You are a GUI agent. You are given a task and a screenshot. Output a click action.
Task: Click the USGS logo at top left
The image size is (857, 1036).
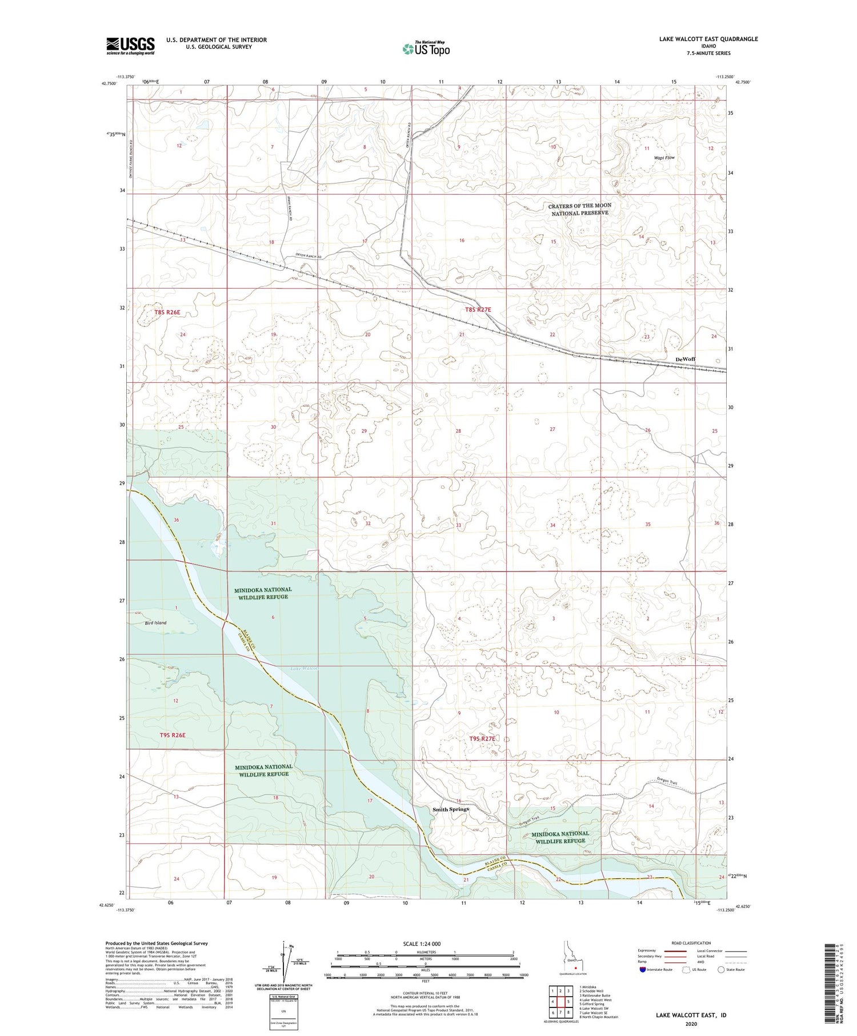[130, 46]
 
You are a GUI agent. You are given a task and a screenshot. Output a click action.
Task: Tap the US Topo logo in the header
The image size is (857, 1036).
[426, 49]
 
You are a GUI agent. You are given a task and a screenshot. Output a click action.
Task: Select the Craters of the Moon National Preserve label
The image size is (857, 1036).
[579, 209]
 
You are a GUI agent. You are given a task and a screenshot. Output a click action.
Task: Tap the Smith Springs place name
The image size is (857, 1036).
[451, 809]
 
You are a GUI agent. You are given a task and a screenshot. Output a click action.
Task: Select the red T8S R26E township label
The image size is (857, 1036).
[167, 312]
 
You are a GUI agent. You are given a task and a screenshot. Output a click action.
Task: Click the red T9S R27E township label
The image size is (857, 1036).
[481, 739]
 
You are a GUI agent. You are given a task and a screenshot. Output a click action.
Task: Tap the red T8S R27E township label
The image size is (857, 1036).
[478, 310]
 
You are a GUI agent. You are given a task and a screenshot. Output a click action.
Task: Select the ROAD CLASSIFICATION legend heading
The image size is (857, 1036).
[691, 943]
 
